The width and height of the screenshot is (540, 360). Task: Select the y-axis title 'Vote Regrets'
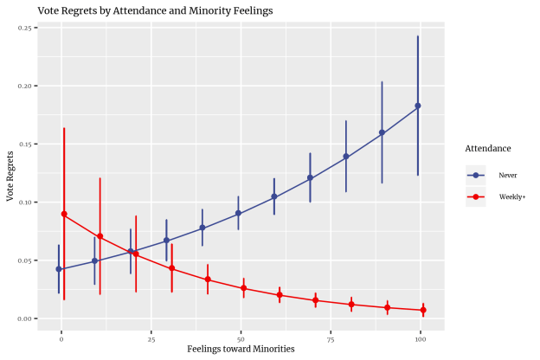click(x=10, y=176)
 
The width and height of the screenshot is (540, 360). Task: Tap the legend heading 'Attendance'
click(x=487, y=148)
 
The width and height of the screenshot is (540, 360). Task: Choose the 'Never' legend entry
click(x=507, y=175)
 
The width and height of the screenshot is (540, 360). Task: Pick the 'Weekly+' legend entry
click(x=511, y=196)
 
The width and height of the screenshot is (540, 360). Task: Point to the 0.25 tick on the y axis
click(x=25, y=29)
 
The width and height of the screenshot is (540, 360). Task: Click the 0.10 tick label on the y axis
click(x=25, y=202)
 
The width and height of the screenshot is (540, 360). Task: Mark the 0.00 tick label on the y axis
click(x=25, y=318)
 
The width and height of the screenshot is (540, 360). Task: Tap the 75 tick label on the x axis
click(x=331, y=338)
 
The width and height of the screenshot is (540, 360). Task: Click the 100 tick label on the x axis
click(x=421, y=338)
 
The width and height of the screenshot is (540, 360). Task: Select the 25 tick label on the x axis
click(x=151, y=338)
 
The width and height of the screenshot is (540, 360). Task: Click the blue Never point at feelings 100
click(x=418, y=106)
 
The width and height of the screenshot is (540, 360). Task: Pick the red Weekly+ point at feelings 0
click(x=64, y=214)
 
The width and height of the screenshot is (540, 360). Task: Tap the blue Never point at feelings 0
click(x=59, y=269)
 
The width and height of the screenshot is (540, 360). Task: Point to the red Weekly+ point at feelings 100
click(x=423, y=310)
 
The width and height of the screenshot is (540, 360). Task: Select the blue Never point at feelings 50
click(x=238, y=213)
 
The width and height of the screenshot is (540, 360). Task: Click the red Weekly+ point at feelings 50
click(x=244, y=288)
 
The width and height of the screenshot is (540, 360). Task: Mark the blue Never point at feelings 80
click(x=346, y=157)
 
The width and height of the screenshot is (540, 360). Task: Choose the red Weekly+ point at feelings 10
click(x=100, y=236)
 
